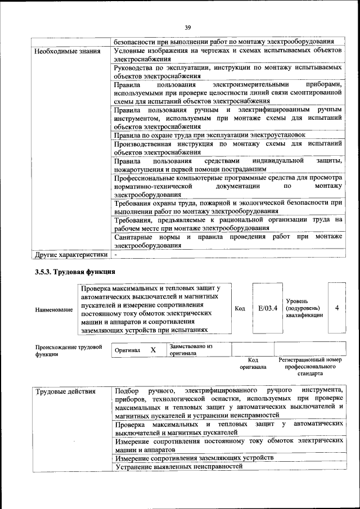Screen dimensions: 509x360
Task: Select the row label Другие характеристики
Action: coord(71,254)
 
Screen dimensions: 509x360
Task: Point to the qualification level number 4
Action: coord(336,308)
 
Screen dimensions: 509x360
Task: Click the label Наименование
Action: coord(54,309)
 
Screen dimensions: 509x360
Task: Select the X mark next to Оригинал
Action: coord(153,350)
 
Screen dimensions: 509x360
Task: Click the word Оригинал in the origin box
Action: coord(127,350)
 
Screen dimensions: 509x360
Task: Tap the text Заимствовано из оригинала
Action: coord(191,350)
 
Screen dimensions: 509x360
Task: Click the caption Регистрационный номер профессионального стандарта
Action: coord(310,366)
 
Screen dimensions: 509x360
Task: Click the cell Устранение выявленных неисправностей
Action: coord(178,466)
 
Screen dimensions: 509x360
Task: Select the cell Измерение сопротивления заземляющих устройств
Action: coord(194,458)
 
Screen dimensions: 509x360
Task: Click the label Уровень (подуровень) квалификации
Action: coord(304,308)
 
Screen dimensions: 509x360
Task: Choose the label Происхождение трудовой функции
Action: coord(69,350)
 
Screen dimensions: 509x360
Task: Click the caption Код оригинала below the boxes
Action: coord(253,363)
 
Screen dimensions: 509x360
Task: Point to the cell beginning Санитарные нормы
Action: coord(228,241)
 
